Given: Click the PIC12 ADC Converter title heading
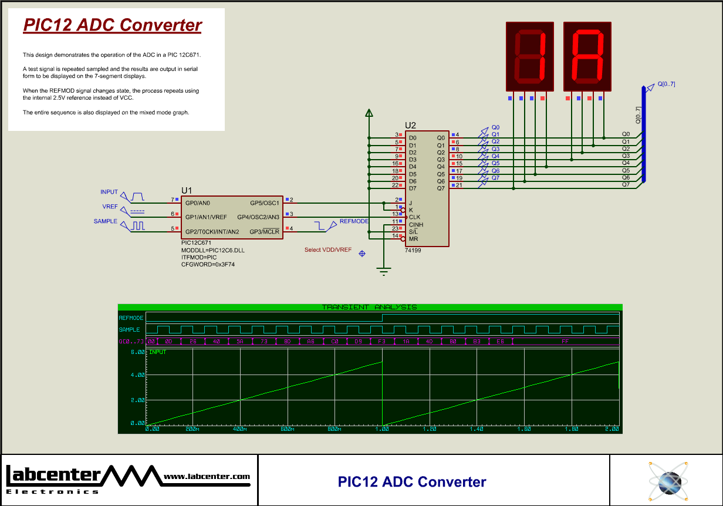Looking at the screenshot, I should pos(112,25).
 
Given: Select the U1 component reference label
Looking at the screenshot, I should pos(187,190).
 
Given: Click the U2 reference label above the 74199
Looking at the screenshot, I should pos(410,125).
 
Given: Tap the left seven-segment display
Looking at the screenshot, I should pos(530,56).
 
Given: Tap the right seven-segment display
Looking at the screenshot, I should pos(587,56).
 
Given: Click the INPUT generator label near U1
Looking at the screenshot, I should pos(109,192).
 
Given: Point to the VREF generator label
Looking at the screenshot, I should pos(110,207).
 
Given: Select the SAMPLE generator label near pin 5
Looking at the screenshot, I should pos(105,221).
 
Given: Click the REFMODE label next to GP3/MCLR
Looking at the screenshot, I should pos(354,221).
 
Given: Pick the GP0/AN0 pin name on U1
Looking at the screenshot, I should pos(198,203).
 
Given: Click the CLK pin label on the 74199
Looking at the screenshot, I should pos(414,217).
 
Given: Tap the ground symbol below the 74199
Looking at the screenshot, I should pos(383,272).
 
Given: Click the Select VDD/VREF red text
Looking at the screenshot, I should pos(327,250).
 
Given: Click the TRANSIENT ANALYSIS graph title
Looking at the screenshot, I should pos(369,307).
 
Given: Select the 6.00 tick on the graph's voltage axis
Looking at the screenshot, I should pos(137,352).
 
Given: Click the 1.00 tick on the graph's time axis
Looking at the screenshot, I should pos(382,429).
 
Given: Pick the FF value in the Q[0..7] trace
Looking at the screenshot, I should pos(565,341).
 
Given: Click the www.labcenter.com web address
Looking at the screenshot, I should pos(207,477).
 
